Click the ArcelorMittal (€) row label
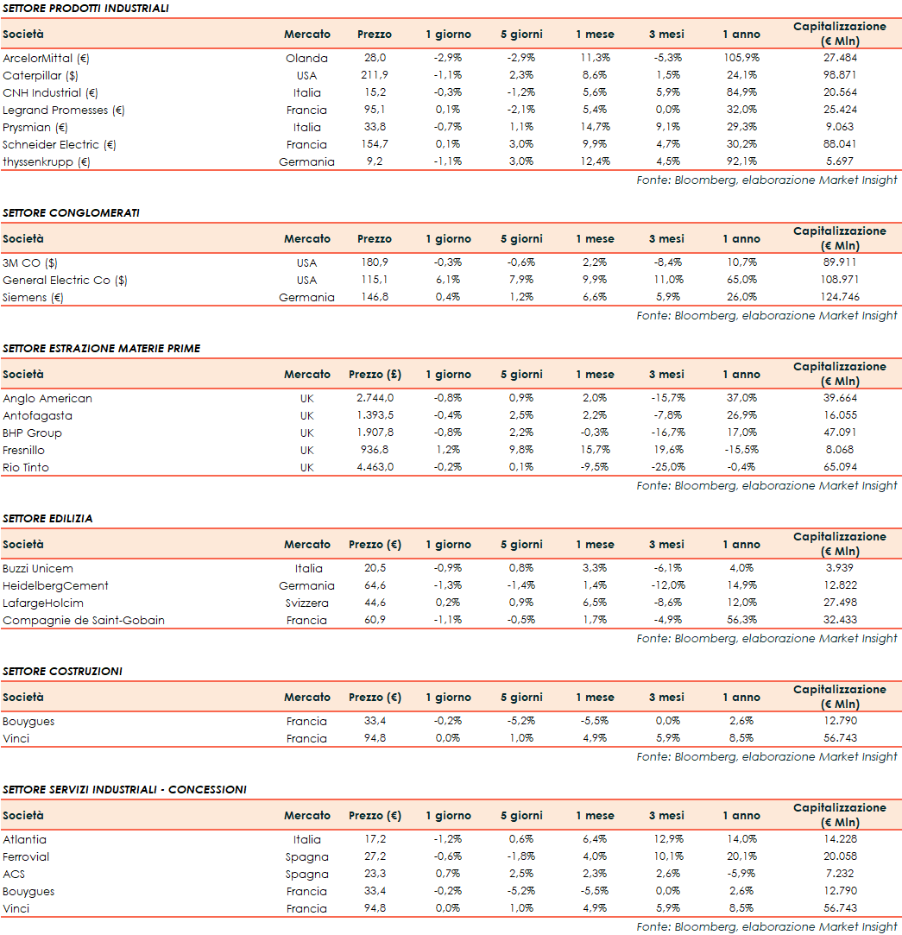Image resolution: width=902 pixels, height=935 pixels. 47,58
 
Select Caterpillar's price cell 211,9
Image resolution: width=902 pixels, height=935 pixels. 374,75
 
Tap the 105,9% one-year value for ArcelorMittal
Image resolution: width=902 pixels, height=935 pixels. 741,58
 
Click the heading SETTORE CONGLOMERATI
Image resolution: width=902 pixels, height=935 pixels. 71,212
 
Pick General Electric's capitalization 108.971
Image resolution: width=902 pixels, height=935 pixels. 839,280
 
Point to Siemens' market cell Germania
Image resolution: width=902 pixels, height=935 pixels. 306,297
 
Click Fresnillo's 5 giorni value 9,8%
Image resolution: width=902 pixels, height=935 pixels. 521,450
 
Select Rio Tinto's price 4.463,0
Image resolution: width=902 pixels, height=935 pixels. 375,467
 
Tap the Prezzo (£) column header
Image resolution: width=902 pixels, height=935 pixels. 375,375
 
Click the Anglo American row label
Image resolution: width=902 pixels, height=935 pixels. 47,398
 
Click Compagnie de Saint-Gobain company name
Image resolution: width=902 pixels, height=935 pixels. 84,620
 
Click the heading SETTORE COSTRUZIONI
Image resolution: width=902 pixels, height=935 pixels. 62,671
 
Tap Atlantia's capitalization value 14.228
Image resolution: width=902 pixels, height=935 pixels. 839,839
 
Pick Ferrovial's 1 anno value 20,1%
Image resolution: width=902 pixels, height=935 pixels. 741,856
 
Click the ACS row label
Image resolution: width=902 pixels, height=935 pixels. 14,874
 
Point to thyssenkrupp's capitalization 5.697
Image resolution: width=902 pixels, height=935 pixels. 839,161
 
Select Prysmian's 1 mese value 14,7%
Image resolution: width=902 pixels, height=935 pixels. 595,127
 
